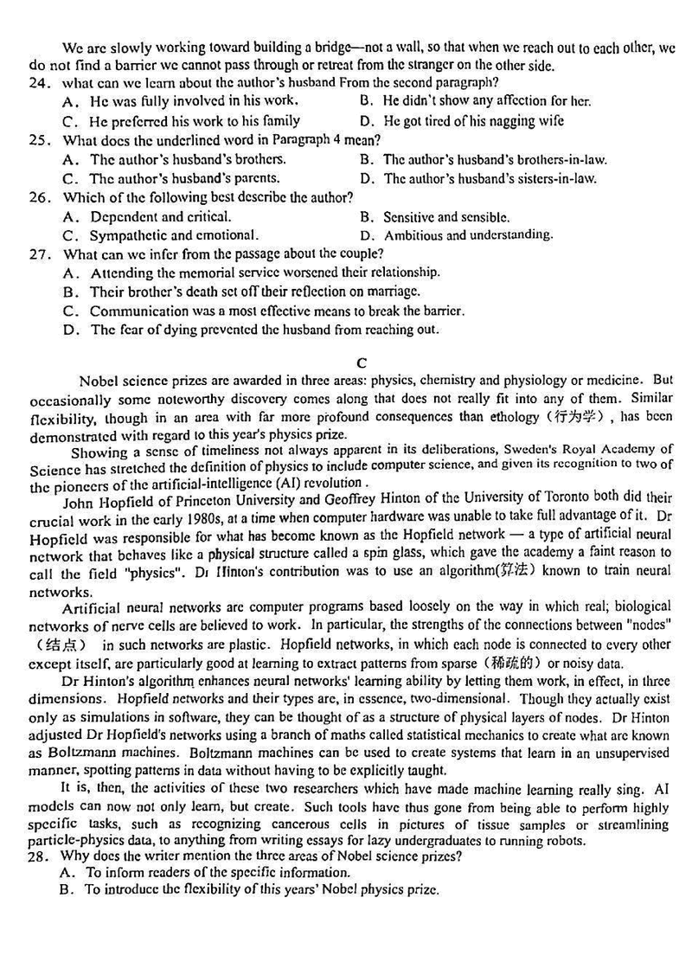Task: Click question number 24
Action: point(38,83)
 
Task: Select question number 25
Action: point(38,140)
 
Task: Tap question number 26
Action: point(38,198)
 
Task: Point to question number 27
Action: point(38,254)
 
